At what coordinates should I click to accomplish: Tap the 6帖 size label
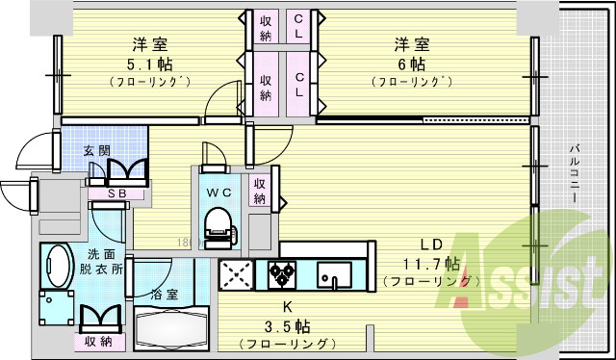411,64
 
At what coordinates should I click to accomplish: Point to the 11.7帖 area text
432,263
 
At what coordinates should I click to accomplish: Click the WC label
218,190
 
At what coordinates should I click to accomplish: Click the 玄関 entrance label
95,150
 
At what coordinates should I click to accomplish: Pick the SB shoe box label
118,193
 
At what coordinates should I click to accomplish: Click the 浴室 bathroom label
163,295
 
